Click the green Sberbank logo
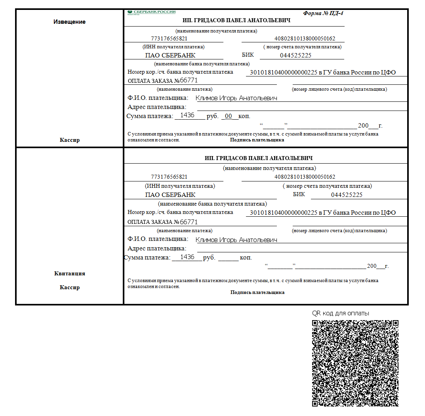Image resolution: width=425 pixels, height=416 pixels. [151, 12]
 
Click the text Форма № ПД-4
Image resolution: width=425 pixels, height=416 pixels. [323, 13]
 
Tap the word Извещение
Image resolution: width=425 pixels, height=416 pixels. [69, 22]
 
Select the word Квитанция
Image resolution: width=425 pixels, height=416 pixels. [70, 273]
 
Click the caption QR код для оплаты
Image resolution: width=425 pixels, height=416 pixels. [341, 313]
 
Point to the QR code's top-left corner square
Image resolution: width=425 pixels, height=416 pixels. [315, 323]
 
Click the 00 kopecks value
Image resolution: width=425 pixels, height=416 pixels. [228, 116]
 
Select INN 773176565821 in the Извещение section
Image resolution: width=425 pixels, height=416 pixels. [169, 39]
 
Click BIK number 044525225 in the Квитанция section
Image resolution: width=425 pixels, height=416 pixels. [347, 195]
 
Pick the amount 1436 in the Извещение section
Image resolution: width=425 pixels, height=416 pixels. [187, 115]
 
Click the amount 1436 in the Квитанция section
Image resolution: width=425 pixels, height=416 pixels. [187, 257]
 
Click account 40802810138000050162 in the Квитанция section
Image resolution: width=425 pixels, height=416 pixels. [305, 177]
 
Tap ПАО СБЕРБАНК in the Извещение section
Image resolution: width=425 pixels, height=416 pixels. [170, 55]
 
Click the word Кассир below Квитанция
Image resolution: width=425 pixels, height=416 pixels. [70, 287]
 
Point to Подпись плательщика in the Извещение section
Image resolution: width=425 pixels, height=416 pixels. [257, 140]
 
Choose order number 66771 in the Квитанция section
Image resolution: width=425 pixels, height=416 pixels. [189, 222]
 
